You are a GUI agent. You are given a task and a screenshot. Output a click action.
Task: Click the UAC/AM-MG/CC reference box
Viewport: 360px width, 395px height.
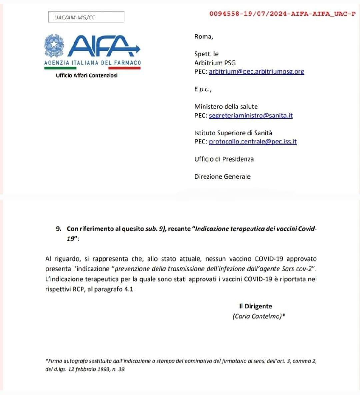tap(86, 17)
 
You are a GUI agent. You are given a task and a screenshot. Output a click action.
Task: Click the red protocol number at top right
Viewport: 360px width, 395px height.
tap(282, 14)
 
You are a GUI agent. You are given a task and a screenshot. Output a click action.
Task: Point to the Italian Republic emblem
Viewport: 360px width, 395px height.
tap(54, 45)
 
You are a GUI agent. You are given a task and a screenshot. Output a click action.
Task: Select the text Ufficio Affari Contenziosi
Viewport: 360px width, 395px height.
tap(87, 75)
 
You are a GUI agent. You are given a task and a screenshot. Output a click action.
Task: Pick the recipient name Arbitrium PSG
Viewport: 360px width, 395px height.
tap(215, 63)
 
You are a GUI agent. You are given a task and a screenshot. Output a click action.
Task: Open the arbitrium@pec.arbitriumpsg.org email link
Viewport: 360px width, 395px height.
tap(256, 72)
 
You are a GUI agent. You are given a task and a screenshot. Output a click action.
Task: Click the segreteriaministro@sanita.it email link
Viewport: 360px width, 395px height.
tap(251, 116)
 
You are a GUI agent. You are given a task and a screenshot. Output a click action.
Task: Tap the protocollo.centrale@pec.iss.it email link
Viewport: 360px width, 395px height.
tap(253, 142)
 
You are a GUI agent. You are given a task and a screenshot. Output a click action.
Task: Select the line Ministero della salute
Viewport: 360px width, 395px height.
tap(226, 107)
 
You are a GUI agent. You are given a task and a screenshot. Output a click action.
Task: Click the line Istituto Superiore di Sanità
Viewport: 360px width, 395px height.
tap(233, 133)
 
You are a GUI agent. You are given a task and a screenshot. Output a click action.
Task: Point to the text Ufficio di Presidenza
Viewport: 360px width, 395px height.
tap(224, 159)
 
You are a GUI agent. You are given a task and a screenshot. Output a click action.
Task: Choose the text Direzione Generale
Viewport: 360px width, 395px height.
tap(222, 177)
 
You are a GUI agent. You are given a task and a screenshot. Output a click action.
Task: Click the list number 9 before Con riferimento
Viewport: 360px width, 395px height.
tap(58, 229)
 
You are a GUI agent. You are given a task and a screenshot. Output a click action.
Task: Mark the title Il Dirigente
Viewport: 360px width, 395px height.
tap(255, 306)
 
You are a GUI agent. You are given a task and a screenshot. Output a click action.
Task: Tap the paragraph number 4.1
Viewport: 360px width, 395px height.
tap(129, 289)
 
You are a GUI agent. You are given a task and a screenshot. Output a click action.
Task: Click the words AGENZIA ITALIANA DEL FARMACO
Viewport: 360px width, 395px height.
tap(92, 63)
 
